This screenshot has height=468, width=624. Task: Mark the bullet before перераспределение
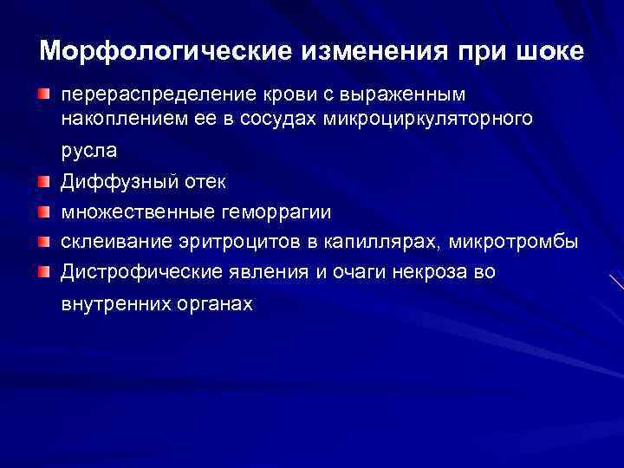click(44, 93)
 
